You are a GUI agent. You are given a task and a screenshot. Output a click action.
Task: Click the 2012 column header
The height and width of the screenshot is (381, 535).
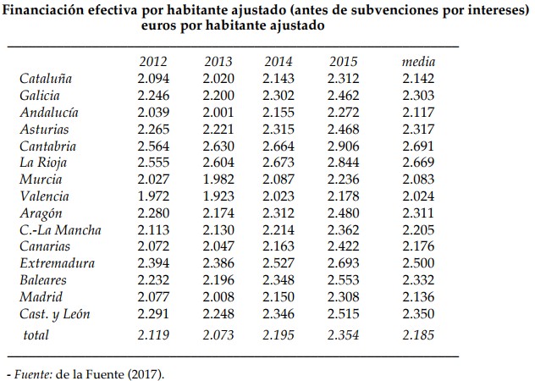click(153, 62)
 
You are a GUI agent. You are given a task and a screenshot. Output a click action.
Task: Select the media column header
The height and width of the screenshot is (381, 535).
click(417, 62)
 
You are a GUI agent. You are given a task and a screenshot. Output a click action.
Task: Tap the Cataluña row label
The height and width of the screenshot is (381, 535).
click(46, 79)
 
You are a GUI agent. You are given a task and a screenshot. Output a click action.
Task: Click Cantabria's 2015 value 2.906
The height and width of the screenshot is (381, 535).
click(343, 146)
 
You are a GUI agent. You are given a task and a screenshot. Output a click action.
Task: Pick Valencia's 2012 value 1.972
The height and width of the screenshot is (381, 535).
click(153, 196)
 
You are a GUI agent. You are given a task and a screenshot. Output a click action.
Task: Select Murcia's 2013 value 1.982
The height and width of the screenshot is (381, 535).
click(218, 179)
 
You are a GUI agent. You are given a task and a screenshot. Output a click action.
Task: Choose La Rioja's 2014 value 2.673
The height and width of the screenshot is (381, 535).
click(279, 163)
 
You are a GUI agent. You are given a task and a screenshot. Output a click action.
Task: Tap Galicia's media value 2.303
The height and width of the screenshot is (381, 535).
click(417, 96)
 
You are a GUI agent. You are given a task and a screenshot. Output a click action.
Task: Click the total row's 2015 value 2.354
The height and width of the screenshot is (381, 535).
click(343, 334)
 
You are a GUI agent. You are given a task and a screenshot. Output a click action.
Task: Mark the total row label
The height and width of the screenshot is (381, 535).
click(36, 334)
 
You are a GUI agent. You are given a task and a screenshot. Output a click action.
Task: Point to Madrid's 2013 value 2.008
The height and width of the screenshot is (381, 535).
click(218, 297)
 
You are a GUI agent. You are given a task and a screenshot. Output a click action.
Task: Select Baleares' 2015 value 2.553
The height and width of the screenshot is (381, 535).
click(343, 280)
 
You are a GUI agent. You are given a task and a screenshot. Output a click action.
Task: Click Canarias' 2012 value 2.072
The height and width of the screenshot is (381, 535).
click(153, 246)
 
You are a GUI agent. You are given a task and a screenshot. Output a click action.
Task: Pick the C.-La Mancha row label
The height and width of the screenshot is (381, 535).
click(60, 230)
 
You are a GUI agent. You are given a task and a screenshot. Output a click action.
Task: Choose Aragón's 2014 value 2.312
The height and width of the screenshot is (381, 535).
click(279, 213)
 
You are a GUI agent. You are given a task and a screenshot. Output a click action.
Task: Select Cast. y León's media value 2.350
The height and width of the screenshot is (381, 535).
click(417, 314)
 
